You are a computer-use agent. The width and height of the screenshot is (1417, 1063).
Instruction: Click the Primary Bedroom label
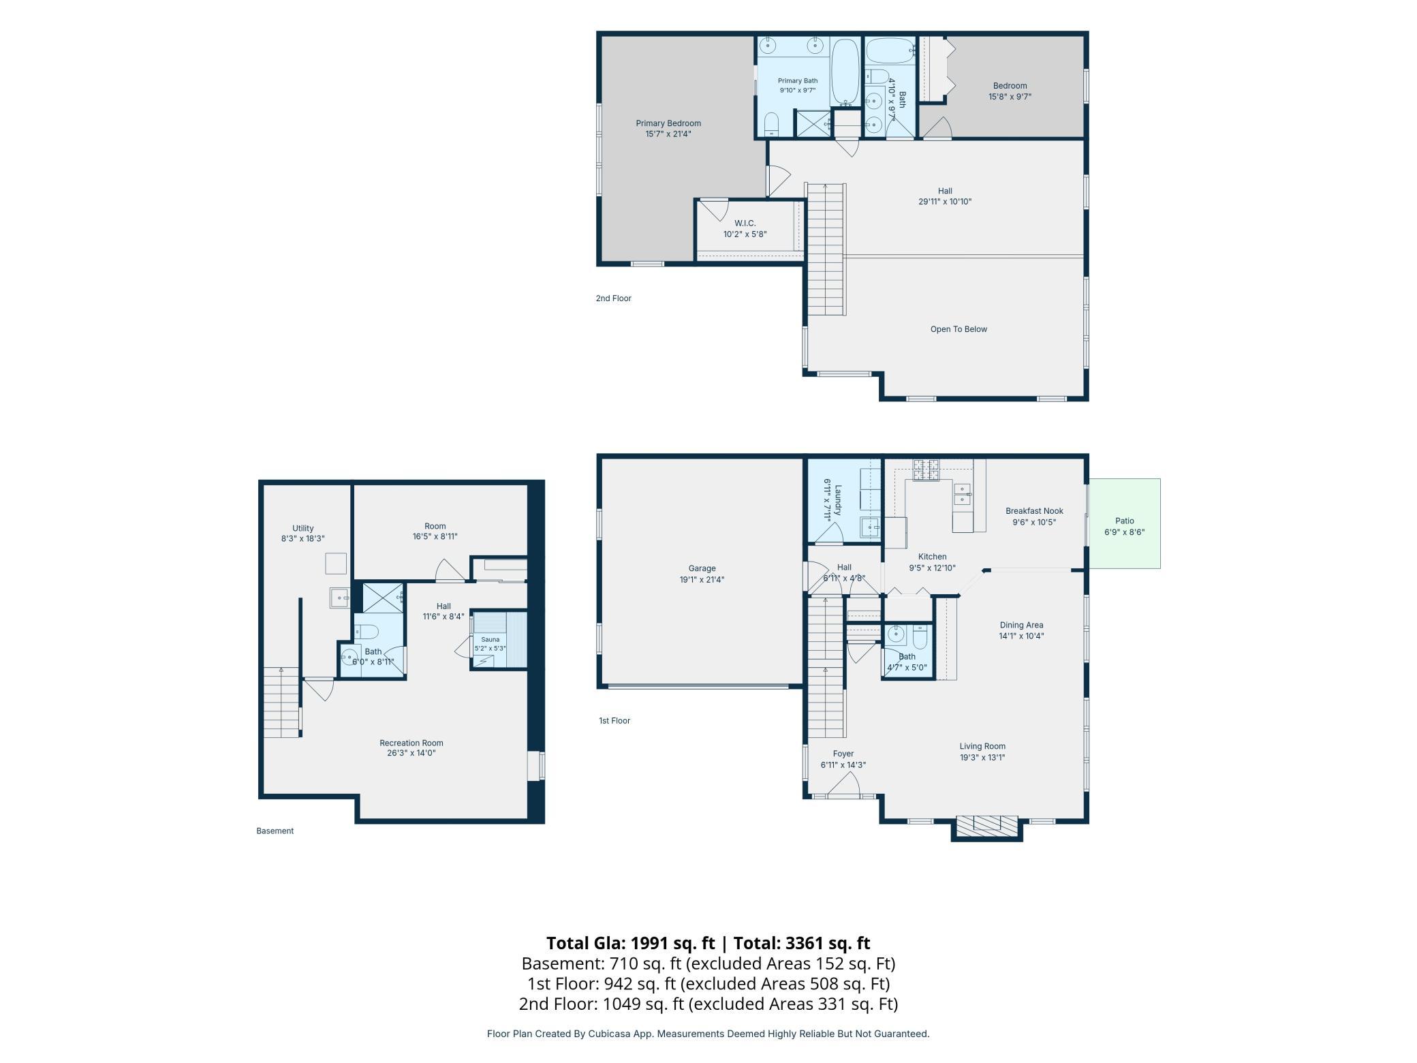point(668,123)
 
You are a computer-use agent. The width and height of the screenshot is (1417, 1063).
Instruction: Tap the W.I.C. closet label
point(745,224)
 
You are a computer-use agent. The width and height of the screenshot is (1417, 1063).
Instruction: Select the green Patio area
point(1124,523)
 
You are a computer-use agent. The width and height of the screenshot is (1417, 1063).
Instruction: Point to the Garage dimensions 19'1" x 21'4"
point(702,580)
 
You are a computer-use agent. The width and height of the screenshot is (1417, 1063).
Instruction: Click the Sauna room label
point(490,639)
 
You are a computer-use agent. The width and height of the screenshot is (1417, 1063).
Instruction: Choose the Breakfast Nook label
point(1034,511)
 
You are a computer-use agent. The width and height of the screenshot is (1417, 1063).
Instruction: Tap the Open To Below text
point(959,329)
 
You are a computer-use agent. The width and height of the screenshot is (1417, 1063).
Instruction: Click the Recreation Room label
point(411,743)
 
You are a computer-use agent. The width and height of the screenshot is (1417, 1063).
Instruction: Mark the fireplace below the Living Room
point(987,826)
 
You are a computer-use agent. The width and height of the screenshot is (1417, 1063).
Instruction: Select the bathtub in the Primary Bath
point(845,72)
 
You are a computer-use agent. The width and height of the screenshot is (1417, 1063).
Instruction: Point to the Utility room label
point(303,528)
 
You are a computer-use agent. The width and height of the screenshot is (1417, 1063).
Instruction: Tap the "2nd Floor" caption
point(614,298)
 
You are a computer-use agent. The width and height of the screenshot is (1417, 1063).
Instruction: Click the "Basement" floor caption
point(275,831)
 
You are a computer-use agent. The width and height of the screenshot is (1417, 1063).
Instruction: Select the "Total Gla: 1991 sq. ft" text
point(631,943)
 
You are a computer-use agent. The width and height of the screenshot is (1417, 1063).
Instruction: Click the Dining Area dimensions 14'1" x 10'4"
point(1021,636)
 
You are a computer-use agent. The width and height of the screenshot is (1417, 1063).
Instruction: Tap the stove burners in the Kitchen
point(926,469)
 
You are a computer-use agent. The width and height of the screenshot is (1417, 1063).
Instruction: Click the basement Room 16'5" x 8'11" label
point(435,526)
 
